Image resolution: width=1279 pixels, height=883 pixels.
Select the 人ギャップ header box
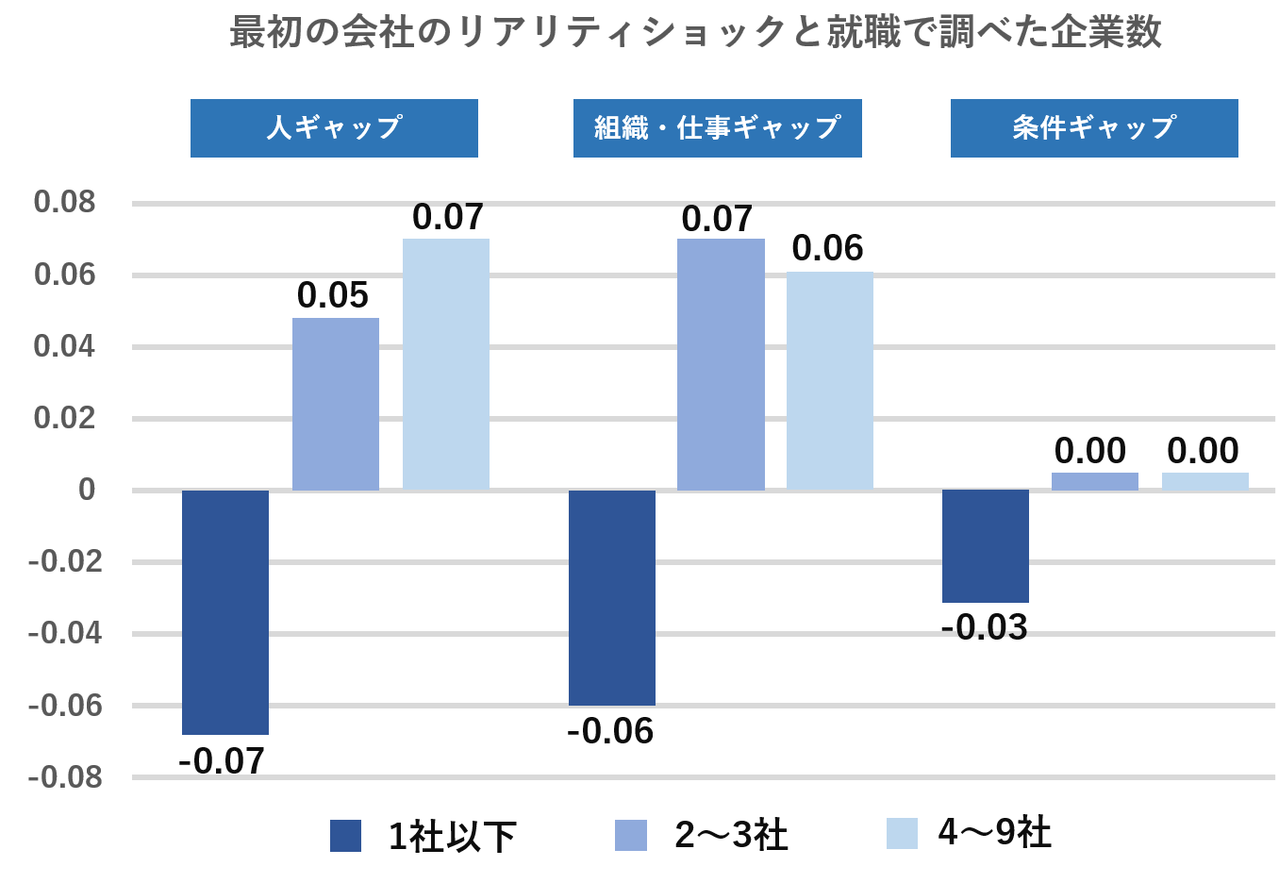334,128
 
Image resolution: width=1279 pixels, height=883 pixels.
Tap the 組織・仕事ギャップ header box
717,128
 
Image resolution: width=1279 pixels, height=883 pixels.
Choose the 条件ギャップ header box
1094,128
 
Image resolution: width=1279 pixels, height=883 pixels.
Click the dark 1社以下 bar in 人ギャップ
225,611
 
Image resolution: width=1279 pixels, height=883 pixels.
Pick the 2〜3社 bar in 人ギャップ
336,404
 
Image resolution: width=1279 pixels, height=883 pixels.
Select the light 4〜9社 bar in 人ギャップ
446,364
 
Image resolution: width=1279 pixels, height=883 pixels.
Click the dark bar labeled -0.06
612,597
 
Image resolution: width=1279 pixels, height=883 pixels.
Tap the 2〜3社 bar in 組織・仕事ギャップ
721,364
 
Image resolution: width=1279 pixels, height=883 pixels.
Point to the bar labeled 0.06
830,381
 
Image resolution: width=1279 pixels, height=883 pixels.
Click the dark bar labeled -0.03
986,545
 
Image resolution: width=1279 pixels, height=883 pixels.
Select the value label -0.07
222,761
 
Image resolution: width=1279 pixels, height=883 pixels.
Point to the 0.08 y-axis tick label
65,202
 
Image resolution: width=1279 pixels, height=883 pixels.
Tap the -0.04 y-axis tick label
65,633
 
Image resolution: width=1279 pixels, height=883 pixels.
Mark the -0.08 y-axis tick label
65,777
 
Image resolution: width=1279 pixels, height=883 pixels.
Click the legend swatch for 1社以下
345,836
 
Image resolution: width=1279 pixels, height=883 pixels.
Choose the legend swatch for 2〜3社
631,835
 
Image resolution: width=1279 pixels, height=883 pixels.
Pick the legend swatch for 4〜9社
902,833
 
